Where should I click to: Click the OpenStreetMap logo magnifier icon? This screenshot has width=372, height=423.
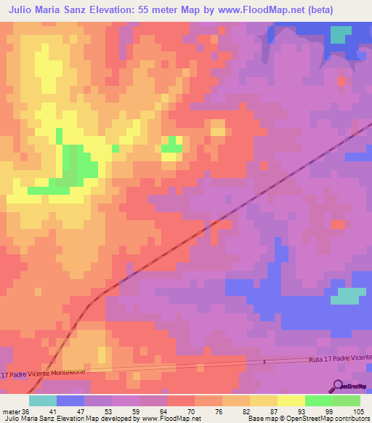click(339, 387)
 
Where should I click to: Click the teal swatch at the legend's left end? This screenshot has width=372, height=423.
click(43, 400)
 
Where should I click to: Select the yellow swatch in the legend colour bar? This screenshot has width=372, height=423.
click(291, 400)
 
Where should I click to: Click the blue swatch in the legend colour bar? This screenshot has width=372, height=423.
click(70, 400)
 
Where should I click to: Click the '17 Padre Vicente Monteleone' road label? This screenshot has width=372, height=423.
click(44, 374)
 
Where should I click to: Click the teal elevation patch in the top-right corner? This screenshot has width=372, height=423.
click(339, 35)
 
